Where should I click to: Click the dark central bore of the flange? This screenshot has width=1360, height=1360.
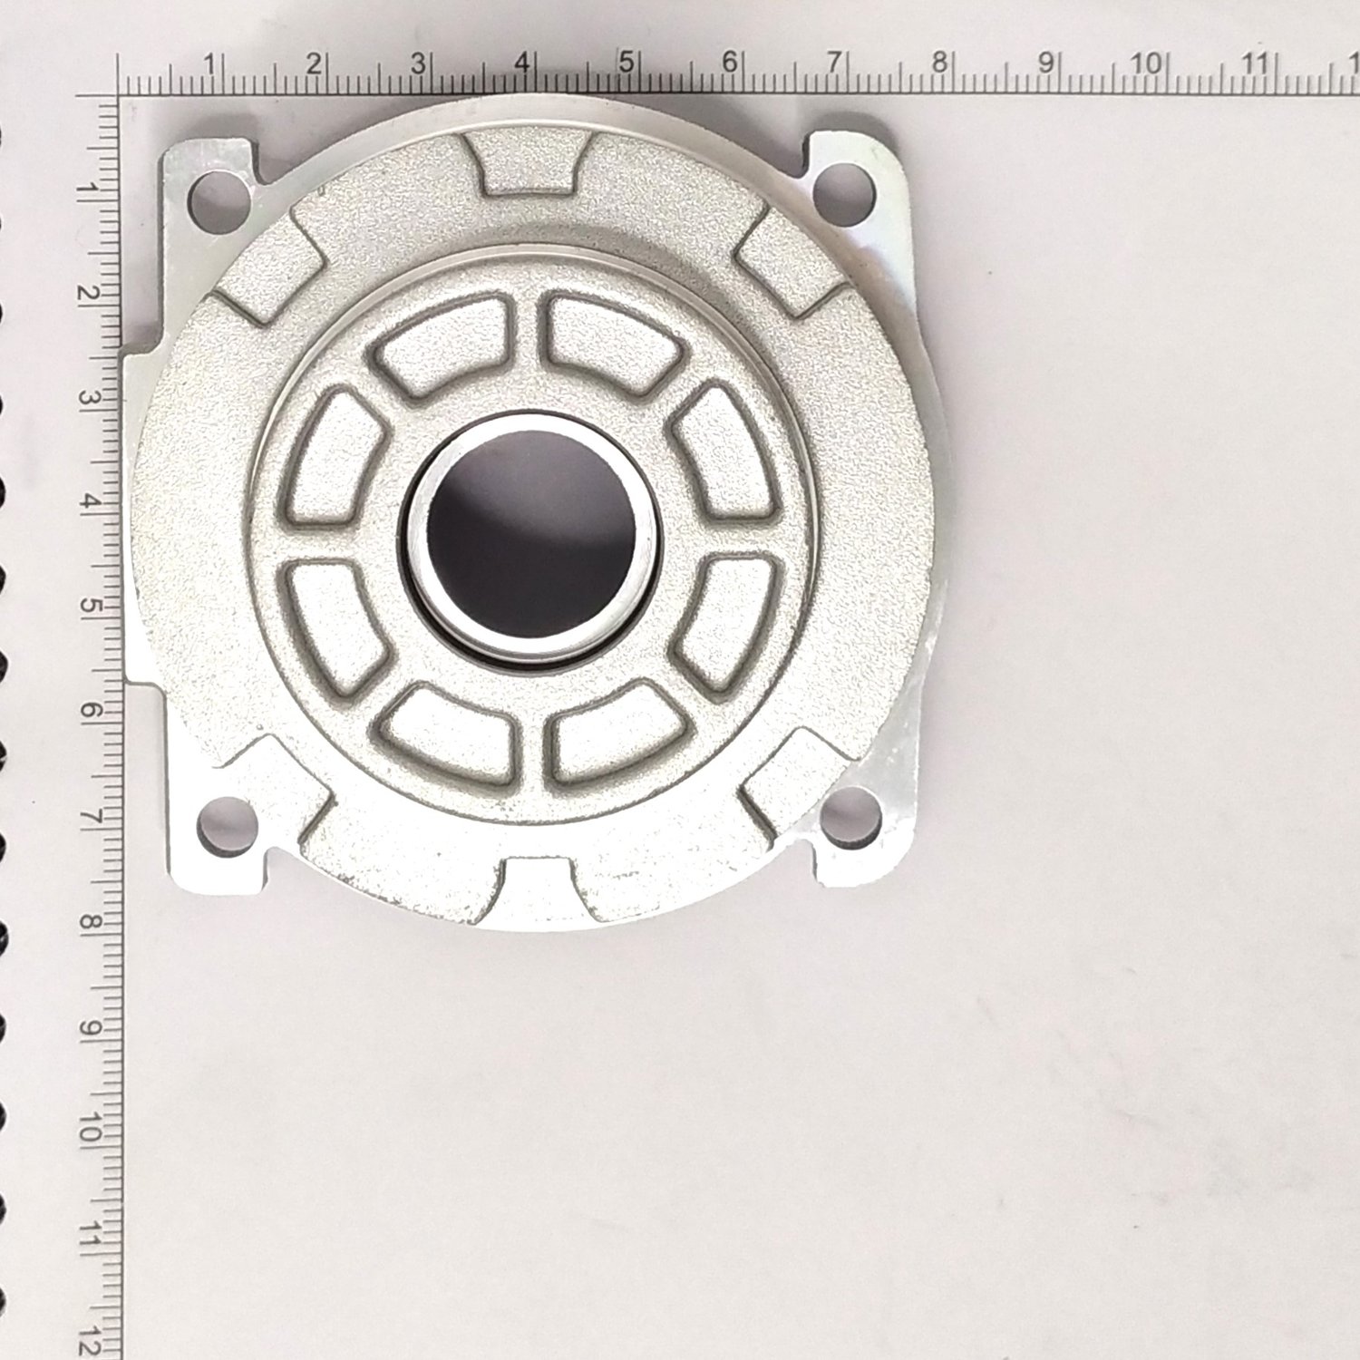point(531,534)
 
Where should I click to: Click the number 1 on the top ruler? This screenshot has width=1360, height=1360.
point(209,65)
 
